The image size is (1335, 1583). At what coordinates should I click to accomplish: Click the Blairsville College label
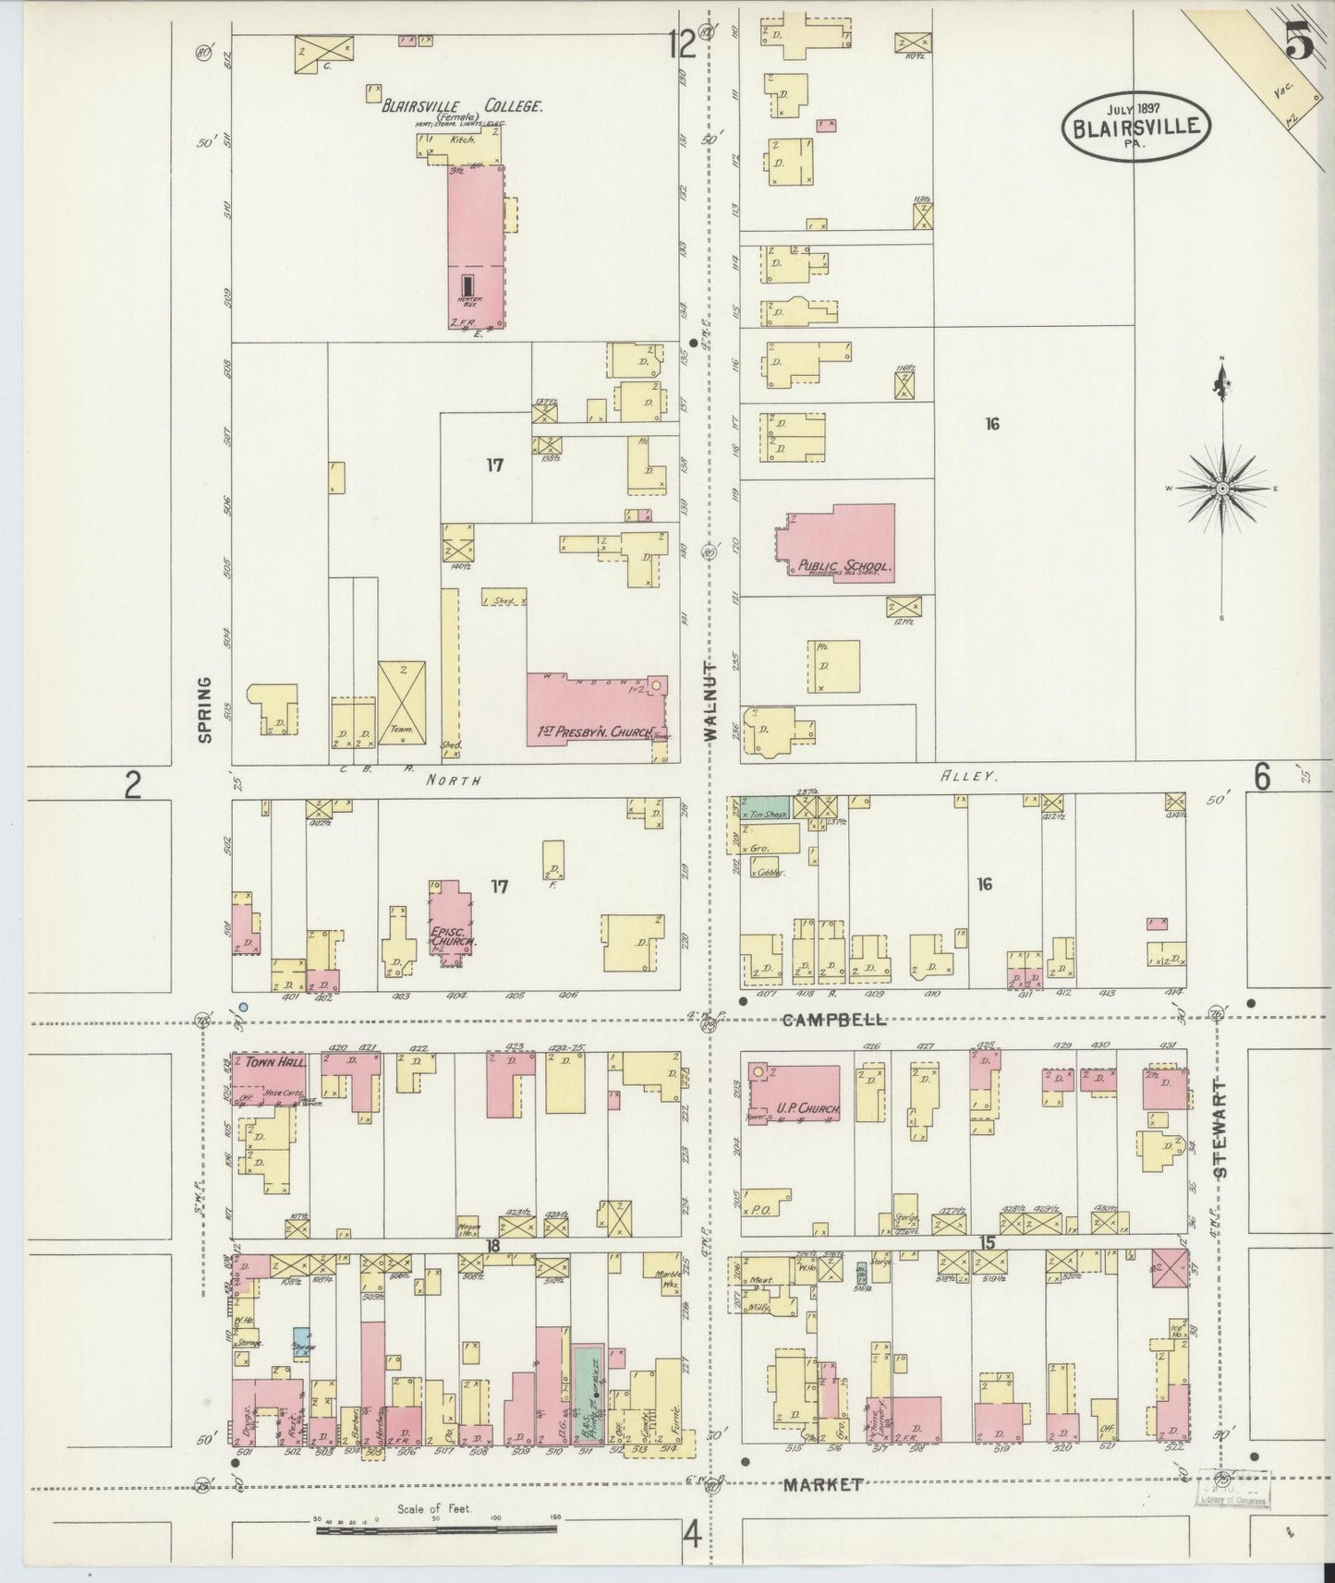(x=462, y=106)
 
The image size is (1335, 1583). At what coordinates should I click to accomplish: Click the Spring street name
(x=204, y=709)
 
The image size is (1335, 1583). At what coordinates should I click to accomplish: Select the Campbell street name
(x=833, y=1021)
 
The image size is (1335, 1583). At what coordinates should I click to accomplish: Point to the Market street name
(x=823, y=1484)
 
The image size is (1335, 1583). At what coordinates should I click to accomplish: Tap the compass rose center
(x=1221, y=488)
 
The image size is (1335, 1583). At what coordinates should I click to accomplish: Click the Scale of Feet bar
(x=436, y=1529)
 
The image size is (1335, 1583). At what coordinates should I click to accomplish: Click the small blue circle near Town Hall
(x=243, y=1007)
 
